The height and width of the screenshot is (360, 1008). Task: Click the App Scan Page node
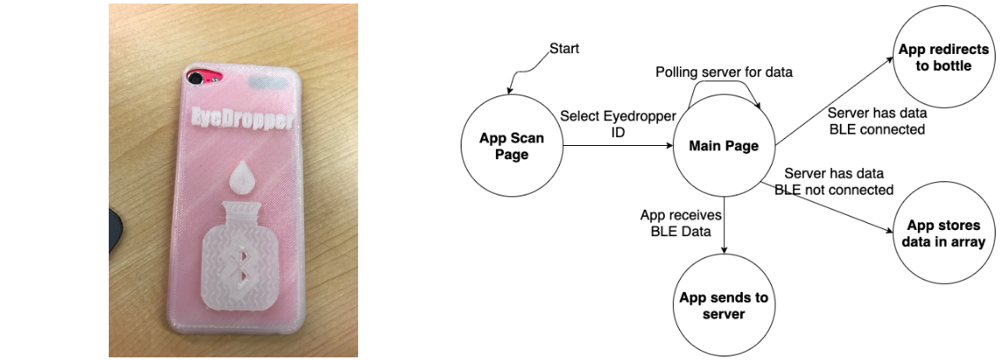click(x=511, y=147)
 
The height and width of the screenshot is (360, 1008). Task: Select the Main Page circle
click(x=723, y=147)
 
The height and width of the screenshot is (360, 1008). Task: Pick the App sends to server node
click(x=723, y=305)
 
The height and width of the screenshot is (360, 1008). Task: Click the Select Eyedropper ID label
click(x=605, y=123)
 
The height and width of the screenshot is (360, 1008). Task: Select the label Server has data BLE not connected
click(x=834, y=181)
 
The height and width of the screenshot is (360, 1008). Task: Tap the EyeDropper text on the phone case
click(x=243, y=119)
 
